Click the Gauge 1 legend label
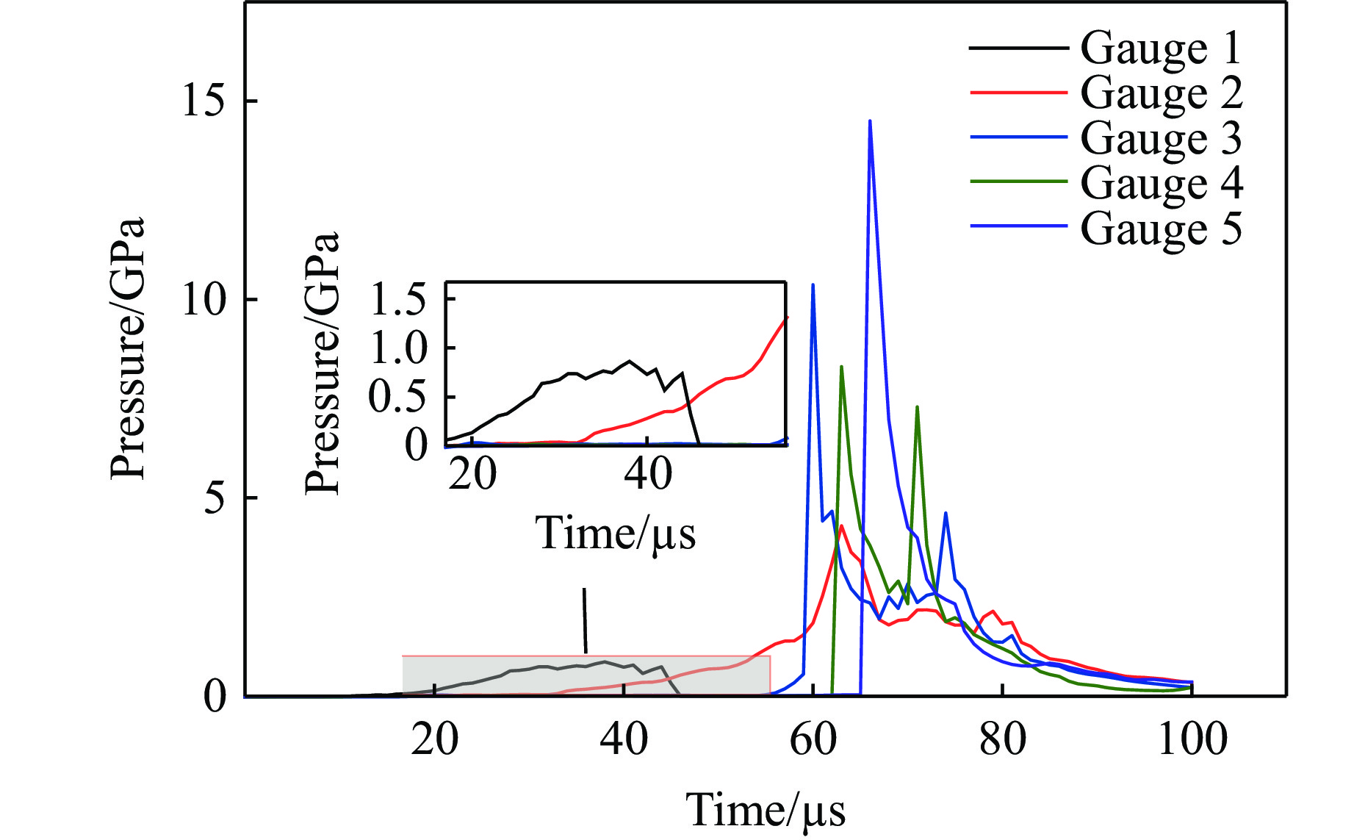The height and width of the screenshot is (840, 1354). point(1161,49)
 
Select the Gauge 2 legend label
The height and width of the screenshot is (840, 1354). point(1161,93)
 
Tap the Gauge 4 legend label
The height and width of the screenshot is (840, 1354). point(1161,183)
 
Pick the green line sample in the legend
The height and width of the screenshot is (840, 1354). point(1018,181)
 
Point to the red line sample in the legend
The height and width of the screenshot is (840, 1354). point(1018,93)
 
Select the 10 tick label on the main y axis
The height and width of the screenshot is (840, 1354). point(203,299)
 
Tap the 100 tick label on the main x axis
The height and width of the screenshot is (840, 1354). point(1192,739)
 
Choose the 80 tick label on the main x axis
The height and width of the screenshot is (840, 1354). point(1003,739)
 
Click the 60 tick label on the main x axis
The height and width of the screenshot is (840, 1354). point(813,739)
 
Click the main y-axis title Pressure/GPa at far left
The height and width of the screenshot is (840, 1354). point(128,348)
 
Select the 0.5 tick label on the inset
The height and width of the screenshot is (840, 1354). point(397,397)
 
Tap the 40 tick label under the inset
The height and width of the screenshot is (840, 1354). point(647,474)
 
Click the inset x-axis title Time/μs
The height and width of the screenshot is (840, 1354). point(616,533)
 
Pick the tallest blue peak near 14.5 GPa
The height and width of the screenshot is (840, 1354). point(870,122)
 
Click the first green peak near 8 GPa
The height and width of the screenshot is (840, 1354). point(841,367)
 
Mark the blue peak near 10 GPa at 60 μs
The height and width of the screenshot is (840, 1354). point(813,285)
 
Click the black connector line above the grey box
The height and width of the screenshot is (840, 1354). point(585,621)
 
